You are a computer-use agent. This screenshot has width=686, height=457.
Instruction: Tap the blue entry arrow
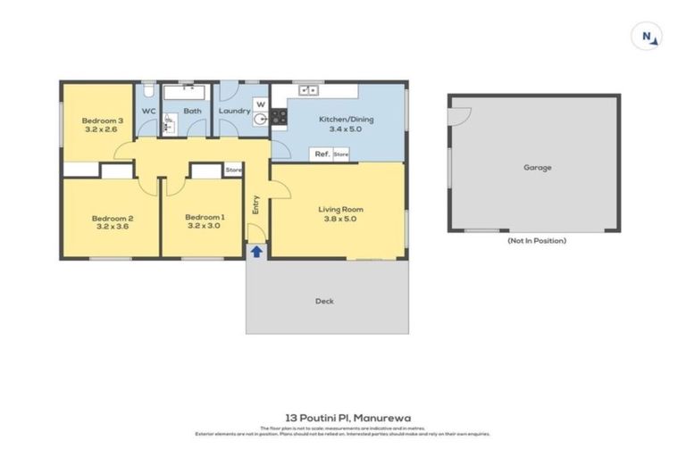[x=256, y=252]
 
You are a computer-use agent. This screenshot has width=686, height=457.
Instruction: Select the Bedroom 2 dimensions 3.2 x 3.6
[x=112, y=226]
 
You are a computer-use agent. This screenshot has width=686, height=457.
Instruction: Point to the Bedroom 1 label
[x=205, y=217]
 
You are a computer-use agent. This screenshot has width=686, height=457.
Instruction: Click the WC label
[x=149, y=112]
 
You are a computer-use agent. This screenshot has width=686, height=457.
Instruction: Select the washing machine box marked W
[x=260, y=103]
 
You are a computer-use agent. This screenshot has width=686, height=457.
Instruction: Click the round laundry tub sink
[x=261, y=119]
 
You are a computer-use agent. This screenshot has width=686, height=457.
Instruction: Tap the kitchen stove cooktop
[x=279, y=116]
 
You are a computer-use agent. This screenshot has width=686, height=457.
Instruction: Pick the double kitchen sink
[x=310, y=89]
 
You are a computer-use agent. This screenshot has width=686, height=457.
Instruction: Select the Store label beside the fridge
[x=341, y=154]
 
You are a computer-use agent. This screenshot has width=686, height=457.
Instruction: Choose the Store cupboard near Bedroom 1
[x=233, y=170]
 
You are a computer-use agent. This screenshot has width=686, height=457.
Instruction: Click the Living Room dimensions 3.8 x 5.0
[x=340, y=219]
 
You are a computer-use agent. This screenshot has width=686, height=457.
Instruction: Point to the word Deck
[x=324, y=301]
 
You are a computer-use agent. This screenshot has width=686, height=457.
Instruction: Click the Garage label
[x=537, y=167]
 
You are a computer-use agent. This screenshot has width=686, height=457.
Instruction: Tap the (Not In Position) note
[x=536, y=240]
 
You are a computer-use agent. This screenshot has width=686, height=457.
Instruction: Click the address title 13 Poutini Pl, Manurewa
[x=342, y=417]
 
